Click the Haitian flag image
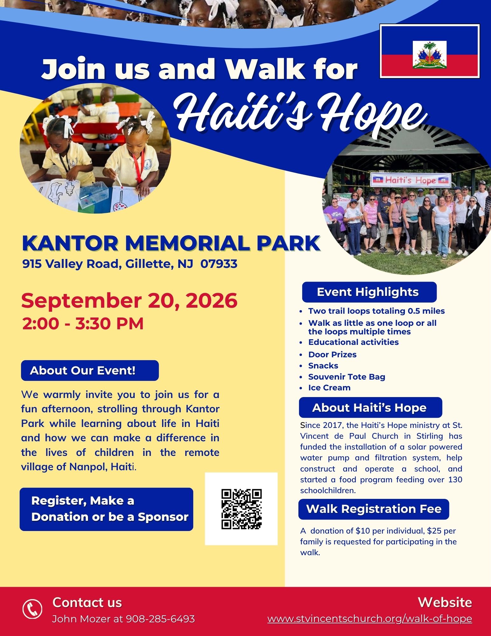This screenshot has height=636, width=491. coord(430,51)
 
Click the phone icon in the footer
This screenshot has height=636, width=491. coord(32,609)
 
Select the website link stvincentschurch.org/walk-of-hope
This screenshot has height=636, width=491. coord(370,619)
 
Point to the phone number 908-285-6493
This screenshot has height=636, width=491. coord(160,619)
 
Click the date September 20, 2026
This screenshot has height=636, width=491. coord(129,301)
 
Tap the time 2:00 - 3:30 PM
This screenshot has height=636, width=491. coord(83,324)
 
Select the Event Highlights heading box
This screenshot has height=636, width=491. coord(369,292)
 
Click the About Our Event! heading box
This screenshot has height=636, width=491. coord(90,370)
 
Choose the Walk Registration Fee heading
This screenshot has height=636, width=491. coord(374,509)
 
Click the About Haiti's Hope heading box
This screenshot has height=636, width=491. coord(371,408)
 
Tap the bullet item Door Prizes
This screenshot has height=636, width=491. coord(332,354)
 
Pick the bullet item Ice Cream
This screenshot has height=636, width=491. coord(330,388)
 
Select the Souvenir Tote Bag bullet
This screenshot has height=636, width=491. coord(347,377)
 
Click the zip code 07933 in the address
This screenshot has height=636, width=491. coord(219,264)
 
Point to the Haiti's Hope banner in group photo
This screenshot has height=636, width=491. coord(411,180)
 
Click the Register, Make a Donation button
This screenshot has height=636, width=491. coord(106,509)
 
